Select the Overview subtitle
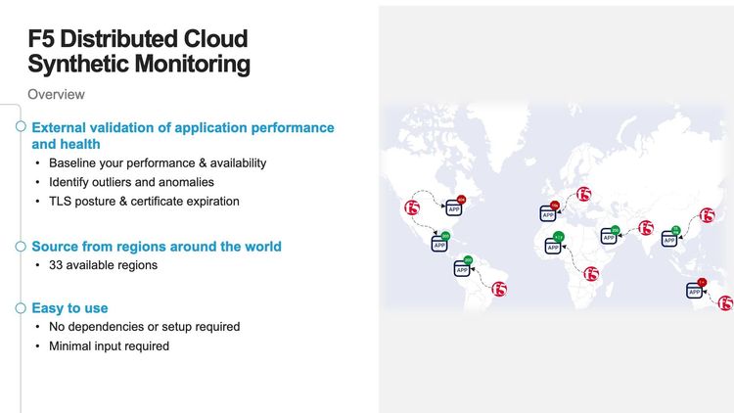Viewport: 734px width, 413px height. click(x=56, y=95)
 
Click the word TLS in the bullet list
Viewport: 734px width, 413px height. click(x=62, y=202)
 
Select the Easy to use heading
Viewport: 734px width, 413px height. click(x=69, y=308)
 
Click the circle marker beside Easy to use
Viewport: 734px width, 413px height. click(x=21, y=308)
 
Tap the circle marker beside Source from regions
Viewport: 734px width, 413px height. click(x=21, y=247)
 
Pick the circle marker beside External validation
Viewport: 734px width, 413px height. click(x=21, y=127)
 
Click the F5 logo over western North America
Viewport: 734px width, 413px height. click(x=412, y=207)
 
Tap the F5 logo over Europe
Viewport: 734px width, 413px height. click(x=584, y=194)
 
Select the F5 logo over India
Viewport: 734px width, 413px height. click(x=645, y=228)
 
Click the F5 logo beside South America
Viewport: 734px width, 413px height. click(x=499, y=289)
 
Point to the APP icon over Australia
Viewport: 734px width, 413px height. click(x=695, y=291)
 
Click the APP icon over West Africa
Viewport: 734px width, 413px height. click(x=553, y=246)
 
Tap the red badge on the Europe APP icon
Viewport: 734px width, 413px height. click(x=555, y=205)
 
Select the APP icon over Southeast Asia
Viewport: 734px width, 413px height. click(x=670, y=238)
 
